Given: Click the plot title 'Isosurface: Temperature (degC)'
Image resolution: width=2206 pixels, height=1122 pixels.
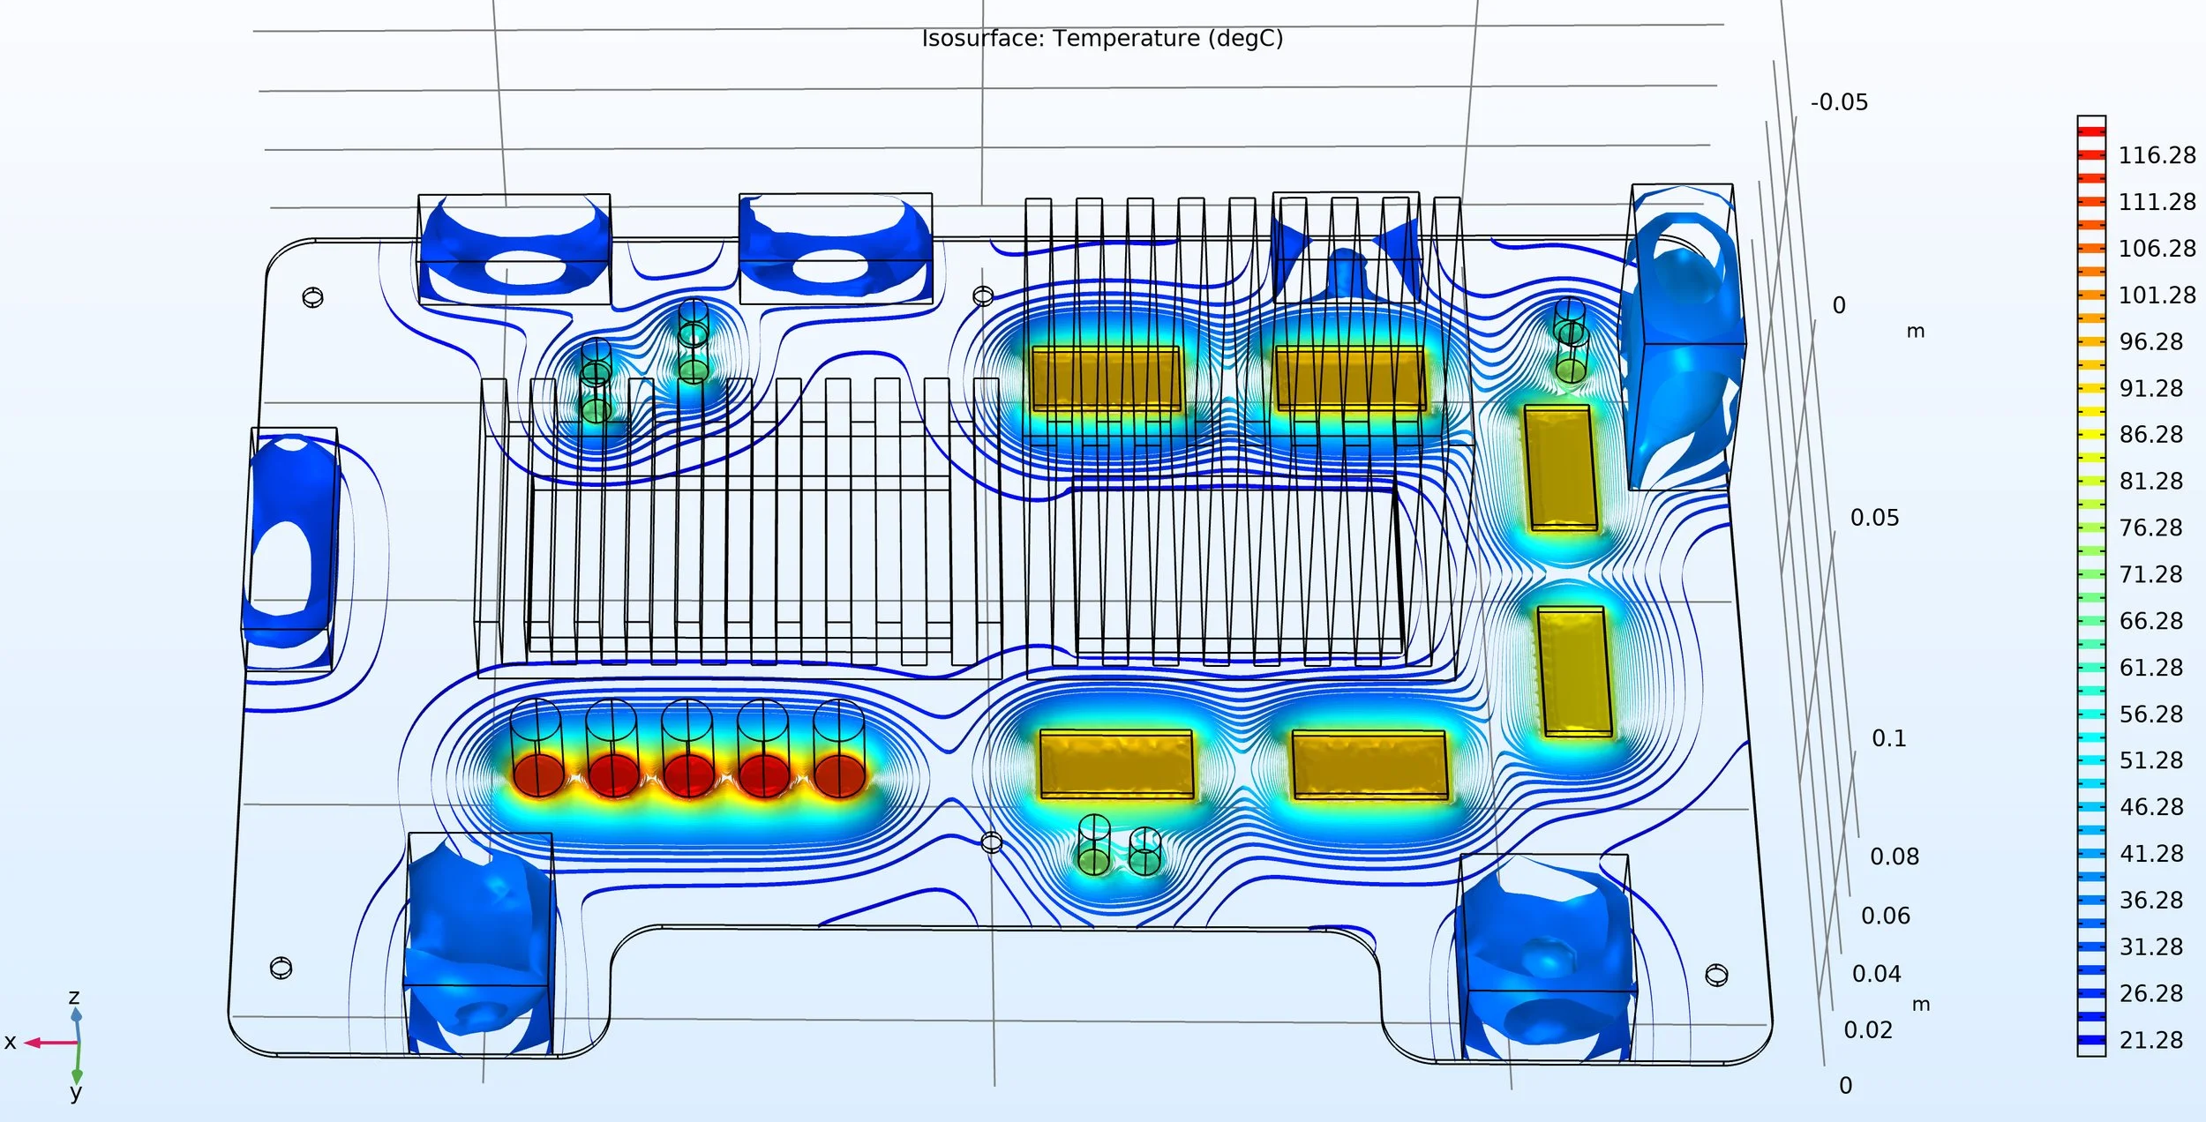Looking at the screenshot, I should [x=1102, y=39].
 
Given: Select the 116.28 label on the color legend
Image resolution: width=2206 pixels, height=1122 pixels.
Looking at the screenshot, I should [x=2157, y=155].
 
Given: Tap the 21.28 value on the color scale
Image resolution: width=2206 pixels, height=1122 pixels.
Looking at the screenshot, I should [x=2150, y=1040].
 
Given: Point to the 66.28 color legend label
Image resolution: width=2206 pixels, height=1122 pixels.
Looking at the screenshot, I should [x=2150, y=621].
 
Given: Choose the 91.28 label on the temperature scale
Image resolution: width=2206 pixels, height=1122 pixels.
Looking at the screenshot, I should [x=2150, y=388].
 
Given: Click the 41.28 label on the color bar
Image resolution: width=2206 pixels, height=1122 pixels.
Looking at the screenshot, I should [x=2150, y=854].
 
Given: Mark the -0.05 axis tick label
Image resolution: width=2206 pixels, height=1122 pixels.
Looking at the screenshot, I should [x=1839, y=102].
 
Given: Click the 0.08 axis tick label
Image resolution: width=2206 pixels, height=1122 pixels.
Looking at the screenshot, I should [x=1894, y=856].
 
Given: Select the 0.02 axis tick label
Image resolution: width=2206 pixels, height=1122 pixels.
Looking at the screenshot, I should [x=1867, y=1030].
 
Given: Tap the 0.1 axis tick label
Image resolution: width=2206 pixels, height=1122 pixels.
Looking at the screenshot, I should [x=1888, y=738].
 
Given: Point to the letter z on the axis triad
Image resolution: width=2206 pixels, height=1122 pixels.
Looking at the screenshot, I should [x=74, y=997].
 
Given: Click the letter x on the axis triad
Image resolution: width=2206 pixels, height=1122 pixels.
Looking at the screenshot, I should [x=11, y=1042].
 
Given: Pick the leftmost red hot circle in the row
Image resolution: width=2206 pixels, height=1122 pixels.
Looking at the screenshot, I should [x=538, y=774].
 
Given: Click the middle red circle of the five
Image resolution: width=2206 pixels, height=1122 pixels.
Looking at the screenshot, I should [x=688, y=775].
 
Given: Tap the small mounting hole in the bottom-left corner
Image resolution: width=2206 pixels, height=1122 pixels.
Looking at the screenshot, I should [x=281, y=968].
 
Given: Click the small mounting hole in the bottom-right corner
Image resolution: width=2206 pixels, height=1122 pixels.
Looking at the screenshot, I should [x=1716, y=975].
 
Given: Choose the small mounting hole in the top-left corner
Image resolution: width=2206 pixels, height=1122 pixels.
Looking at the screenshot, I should [x=312, y=297].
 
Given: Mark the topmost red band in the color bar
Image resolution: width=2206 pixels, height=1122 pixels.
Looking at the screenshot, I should [x=2091, y=131].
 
